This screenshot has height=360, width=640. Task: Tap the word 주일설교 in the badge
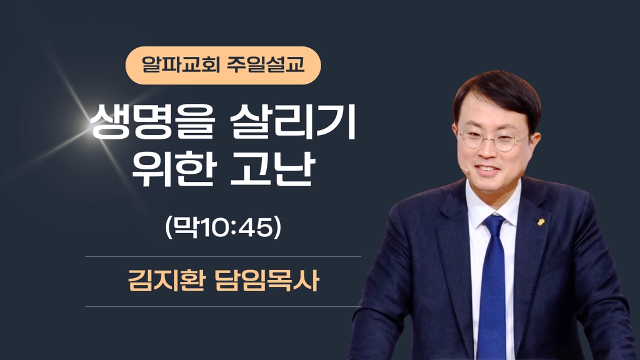266,64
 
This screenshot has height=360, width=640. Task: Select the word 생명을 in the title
152,122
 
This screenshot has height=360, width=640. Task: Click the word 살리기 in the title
293,122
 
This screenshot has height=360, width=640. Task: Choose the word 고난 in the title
273,169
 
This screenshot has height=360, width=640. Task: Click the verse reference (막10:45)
223,227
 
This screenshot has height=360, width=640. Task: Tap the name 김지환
166,281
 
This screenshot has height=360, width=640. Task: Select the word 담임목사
266,281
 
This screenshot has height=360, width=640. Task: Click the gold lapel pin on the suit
541,222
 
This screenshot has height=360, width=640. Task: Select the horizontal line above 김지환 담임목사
223,257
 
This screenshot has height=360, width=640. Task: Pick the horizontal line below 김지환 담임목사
223,306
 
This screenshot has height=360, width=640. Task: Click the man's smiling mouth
487,168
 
